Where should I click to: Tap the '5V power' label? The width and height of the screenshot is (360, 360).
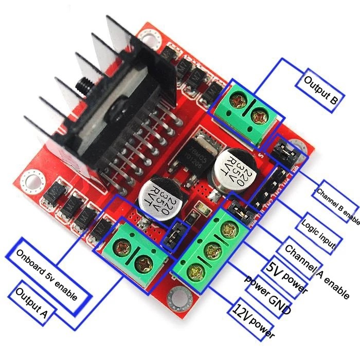tap(286, 278)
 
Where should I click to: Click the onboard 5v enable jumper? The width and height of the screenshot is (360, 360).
tap(172, 234)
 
